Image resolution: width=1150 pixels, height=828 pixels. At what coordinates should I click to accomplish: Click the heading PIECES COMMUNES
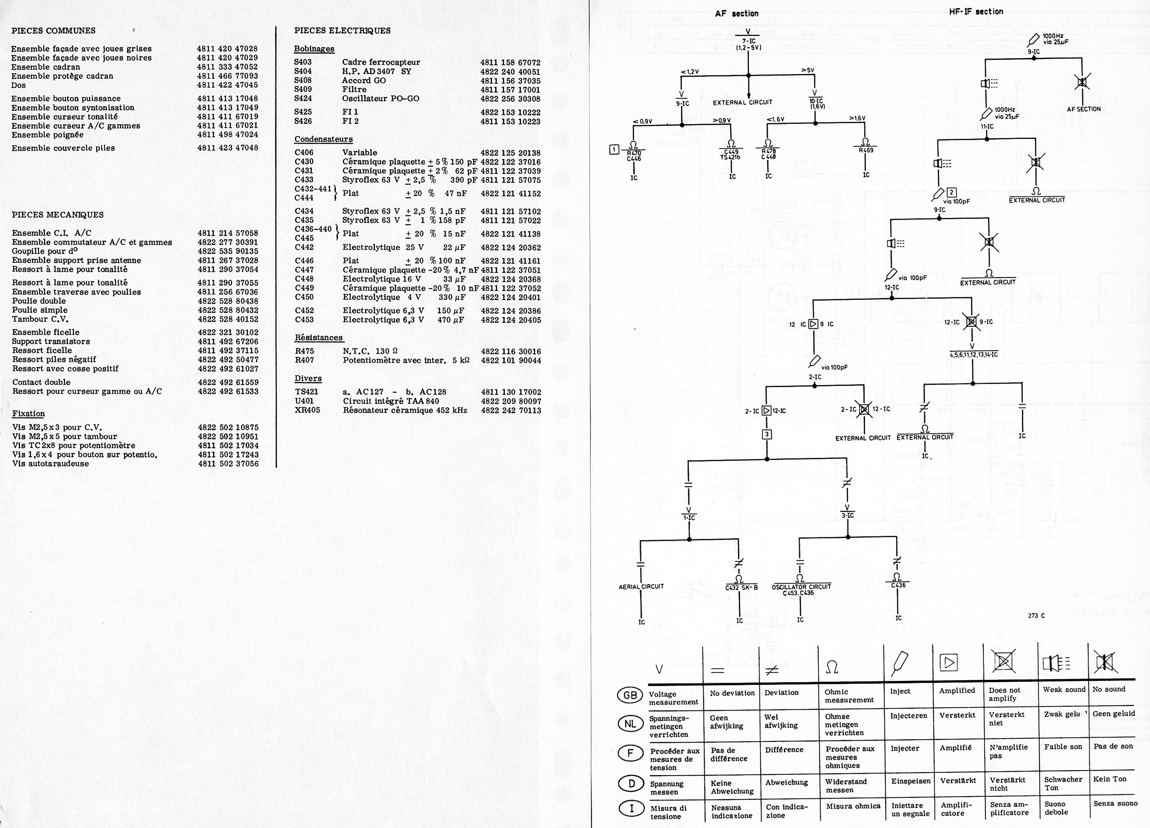pyautogui.click(x=53, y=31)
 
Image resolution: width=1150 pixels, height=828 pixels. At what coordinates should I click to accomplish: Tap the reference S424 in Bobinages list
pyautogui.click(x=303, y=99)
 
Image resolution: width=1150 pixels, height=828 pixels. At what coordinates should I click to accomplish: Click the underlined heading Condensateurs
pyautogui.click(x=323, y=139)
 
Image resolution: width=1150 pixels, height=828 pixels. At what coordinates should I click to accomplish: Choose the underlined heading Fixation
pyautogui.click(x=28, y=413)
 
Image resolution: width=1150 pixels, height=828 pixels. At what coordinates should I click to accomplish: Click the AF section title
pyautogui.click(x=736, y=14)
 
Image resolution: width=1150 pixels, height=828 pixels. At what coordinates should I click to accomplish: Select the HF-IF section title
pyautogui.click(x=976, y=11)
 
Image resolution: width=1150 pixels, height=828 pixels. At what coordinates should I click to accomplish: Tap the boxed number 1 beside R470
pyautogui.click(x=614, y=149)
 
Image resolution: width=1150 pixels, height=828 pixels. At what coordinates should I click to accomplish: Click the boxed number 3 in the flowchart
pyautogui.click(x=767, y=434)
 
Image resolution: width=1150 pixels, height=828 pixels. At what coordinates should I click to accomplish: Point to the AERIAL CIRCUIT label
pyautogui.click(x=641, y=586)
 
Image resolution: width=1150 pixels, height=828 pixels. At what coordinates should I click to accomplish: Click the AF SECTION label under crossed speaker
pyautogui.click(x=1084, y=109)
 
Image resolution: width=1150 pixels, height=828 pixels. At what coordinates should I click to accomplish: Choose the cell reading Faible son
pyautogui.click(x=1063, y=747)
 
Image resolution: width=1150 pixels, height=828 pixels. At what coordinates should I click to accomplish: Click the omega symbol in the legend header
pyautogui.click(x=832, y=667)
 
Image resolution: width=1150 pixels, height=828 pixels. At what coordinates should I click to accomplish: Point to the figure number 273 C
pyautogui.click(x=1036, y=616)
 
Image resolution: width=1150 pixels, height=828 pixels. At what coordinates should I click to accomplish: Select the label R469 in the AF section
pyautogui.click(x=865, y=150)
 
